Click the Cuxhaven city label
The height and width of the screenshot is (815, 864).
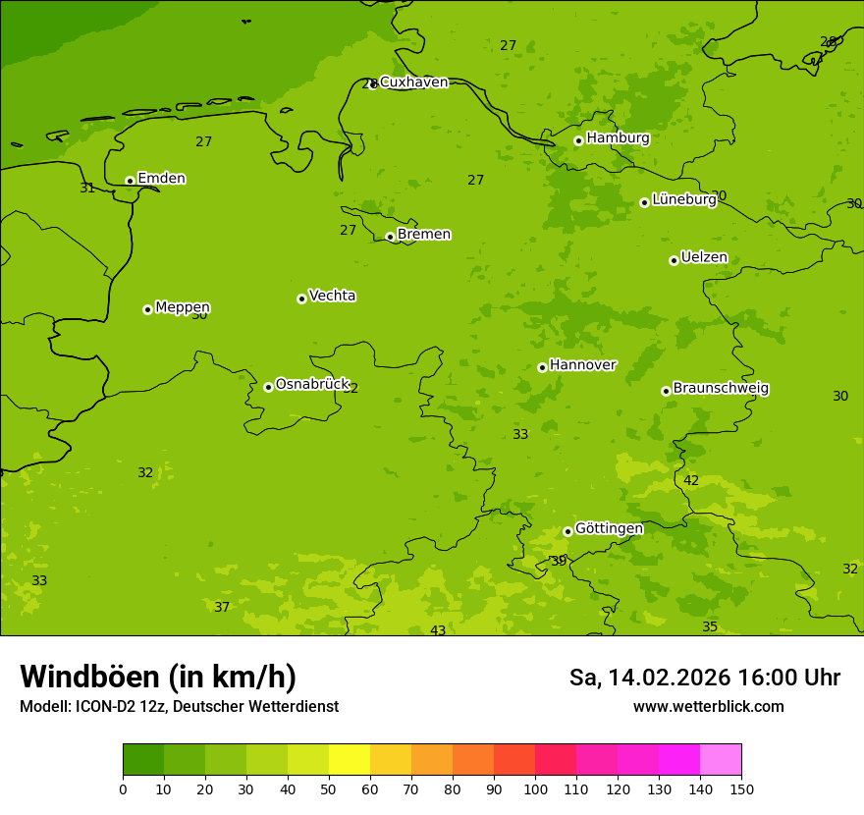(x=413, y=82)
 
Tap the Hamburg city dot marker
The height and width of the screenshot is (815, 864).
(x=578, y=140)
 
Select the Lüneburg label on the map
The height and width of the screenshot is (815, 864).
(x=684, y=199)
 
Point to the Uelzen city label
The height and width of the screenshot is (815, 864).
(x=704, y=258)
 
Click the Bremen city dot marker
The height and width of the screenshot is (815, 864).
(x=390, y=237)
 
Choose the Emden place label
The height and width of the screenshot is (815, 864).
(x=161, y=179)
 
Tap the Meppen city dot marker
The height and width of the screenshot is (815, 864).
(x=147, y=309)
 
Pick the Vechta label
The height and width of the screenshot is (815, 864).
(x=332, y=296)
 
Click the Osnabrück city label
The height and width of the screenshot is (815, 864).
(x=312, y=385)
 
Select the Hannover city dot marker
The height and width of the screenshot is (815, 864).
(x=542, y=367)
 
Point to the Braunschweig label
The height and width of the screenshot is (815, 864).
(x=721, y=389)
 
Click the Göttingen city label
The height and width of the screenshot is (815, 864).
(x=609, y=529)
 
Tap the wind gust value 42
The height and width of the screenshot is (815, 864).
(x=691, y=480)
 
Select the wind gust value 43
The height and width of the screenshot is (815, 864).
(x=438, y=630)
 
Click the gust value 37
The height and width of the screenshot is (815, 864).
(x=222, y=607)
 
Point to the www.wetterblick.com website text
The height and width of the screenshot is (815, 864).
(x=708, y=706)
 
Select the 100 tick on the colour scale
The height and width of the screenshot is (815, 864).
(x=535, y=788)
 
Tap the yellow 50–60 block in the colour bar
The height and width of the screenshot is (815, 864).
(x=350, y=760)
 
